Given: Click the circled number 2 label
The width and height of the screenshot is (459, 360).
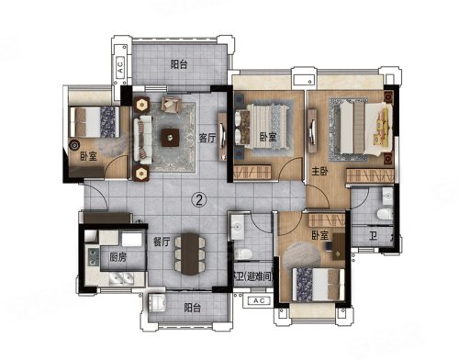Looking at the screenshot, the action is click(x=199, y=200).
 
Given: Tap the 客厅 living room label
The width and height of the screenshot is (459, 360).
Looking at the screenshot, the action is click(x=207, y=138).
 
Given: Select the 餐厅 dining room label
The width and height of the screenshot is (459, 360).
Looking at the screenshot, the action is click(x=162, y=242).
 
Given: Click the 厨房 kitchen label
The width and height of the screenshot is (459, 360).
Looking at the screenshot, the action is click(x=118, y=257).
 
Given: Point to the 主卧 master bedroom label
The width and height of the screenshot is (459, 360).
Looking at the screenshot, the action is click(x=319, y=171).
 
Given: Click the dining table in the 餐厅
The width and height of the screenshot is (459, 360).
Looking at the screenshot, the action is click(x=190, y=253).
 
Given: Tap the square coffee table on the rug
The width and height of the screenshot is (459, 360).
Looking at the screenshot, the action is click(x=171, y=138).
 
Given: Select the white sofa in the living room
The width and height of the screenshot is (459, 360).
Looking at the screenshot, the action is click(x=143, y=140).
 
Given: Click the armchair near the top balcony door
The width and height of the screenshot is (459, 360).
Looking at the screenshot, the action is click(x=171, y=105).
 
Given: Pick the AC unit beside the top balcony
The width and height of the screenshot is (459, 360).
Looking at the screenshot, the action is click(x=120, y=65).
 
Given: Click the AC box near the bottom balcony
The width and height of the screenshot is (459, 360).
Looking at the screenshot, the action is click(x=259, y=300).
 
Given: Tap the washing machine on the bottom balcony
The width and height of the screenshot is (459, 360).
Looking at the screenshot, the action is click(x=157, y=303).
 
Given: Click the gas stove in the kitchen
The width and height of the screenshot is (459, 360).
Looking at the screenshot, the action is click(x=94, y=257).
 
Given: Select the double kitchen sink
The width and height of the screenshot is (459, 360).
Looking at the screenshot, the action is click(x=121, y=278).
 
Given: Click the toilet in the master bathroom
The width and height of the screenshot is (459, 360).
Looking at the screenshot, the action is click(x=385, y=214).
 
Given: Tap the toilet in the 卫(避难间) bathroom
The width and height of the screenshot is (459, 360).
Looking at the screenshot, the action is click(x=244, y=253).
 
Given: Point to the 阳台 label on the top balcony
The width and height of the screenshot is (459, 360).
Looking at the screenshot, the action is click(x=179, y=64).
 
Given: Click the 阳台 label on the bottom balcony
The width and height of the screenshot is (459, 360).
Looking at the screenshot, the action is click(x=193, y=308).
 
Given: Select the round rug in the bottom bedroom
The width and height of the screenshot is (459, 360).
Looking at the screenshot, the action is click(x=302, y=253).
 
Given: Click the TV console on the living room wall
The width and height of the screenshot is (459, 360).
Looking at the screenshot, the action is click(x=222, y=137).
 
